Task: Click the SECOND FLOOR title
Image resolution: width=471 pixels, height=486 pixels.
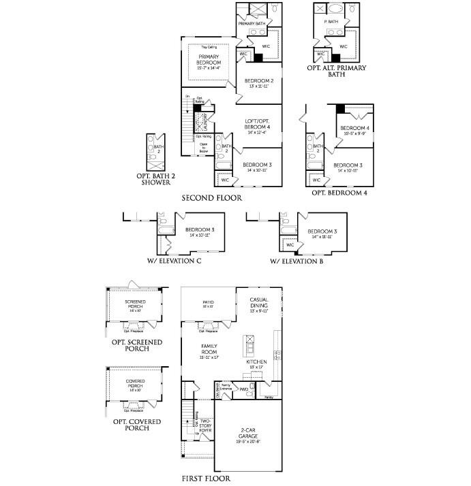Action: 211,198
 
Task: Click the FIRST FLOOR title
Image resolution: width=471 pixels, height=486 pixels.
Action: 206,479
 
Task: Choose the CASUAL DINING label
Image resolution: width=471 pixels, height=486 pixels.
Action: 259,304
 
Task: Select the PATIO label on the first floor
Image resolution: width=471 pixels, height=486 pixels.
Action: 208,304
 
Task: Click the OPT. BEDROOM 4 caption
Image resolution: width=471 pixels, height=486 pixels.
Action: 339,193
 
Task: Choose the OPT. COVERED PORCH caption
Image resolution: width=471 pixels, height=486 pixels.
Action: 137,425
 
